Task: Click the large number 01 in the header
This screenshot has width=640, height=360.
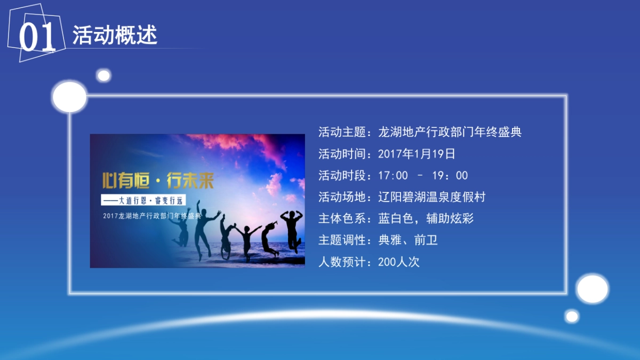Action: (37, 36)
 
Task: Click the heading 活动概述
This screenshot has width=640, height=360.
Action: (115, 35)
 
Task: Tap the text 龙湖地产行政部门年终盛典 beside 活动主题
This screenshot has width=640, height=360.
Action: (450, 132)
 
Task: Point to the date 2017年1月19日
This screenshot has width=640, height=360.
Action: (417, 154)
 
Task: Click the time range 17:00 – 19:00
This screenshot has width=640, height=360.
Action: (423, 175)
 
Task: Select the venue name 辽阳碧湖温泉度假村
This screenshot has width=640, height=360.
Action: (432, 197)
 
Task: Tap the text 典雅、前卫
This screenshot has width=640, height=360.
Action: (408, 240)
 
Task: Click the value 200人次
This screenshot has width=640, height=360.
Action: (398, 262)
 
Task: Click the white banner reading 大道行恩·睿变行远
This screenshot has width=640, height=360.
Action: (143, 201)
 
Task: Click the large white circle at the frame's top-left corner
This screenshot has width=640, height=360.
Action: (69, 97)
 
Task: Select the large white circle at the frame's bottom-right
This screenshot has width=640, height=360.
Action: (592, 289)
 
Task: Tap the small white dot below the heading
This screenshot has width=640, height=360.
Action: (104, 76)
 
